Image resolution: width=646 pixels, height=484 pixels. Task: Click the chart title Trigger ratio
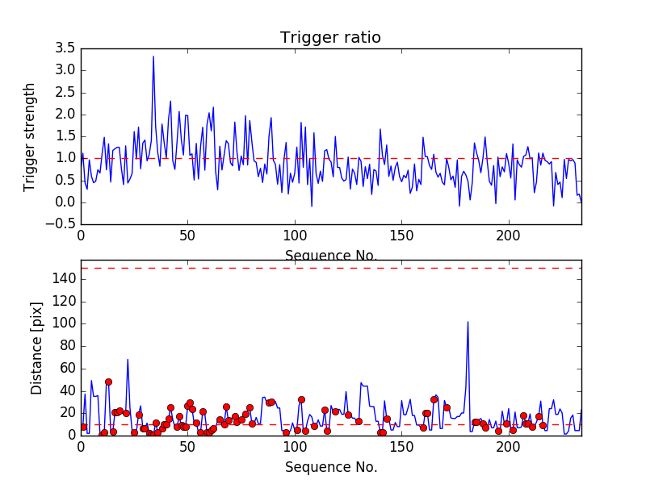[x=330, y=38]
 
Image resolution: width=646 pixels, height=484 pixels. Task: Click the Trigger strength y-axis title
[x=31, y=136]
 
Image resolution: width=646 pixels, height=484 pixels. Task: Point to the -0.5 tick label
[x=61, y=224]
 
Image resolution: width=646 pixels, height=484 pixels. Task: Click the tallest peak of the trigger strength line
[x=153, y=56]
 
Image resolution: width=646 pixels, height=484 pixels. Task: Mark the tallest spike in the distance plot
[x=468, y=322]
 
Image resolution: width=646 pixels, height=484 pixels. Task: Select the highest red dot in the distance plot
[x=108, y=382]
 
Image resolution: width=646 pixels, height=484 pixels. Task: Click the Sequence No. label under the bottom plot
[x=330, y=467]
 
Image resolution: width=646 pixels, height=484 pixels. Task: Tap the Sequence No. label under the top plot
[x=330, y=256]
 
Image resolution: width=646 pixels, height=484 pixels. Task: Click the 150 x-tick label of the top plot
[x=401, y=237]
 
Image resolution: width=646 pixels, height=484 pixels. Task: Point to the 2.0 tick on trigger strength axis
[x=65, y=115]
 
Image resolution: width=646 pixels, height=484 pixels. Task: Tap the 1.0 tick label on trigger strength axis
[x=65, y=158]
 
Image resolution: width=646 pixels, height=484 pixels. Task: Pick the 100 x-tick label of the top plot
[x=294, y=237]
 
